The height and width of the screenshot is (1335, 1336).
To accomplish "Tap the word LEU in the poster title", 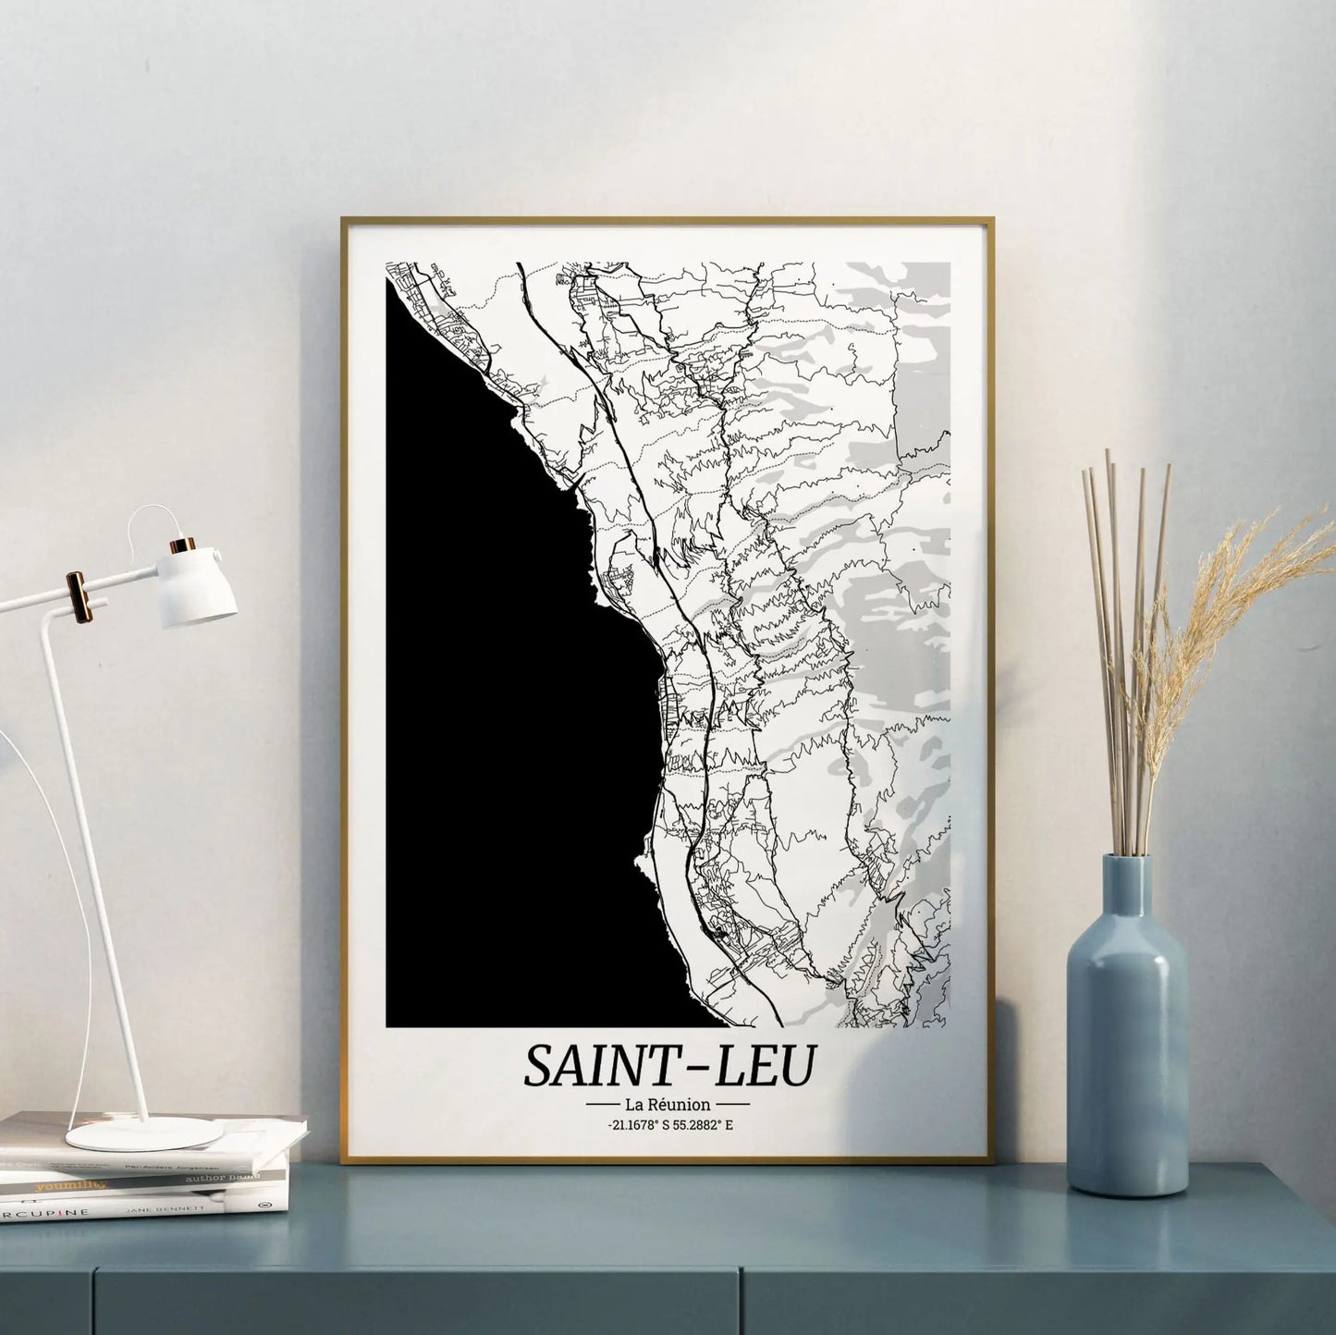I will (765, 1065).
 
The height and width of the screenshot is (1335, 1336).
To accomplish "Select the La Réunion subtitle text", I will (668, 1104).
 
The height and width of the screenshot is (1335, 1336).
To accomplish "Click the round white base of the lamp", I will (143, 1133).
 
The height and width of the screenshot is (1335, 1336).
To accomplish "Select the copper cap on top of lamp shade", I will (182, 545).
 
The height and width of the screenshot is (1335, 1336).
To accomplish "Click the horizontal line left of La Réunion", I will (602, 1104).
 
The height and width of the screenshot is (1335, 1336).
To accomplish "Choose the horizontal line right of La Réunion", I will (733, 1104).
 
